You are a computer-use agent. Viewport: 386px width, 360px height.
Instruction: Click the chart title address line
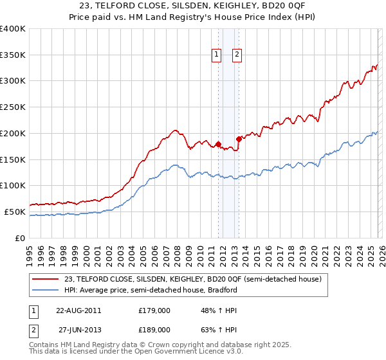click(x=193, y=6)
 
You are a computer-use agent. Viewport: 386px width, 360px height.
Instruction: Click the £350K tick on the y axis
click(x=13, y=55)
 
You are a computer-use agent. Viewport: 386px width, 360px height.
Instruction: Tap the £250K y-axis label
click(x=13, y=107)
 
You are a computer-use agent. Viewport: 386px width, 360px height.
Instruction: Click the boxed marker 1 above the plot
click(x=217, y=55)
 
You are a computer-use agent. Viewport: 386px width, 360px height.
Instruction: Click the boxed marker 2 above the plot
click(x=237, y=55)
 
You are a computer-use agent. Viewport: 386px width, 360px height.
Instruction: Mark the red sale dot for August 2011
click(x=218, y=144)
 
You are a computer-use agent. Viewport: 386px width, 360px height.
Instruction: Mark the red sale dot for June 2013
click(x=239, y=138)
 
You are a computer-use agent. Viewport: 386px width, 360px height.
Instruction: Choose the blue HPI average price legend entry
click(x=151, y=290)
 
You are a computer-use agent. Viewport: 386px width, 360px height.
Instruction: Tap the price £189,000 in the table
click(x=154, y=329)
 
